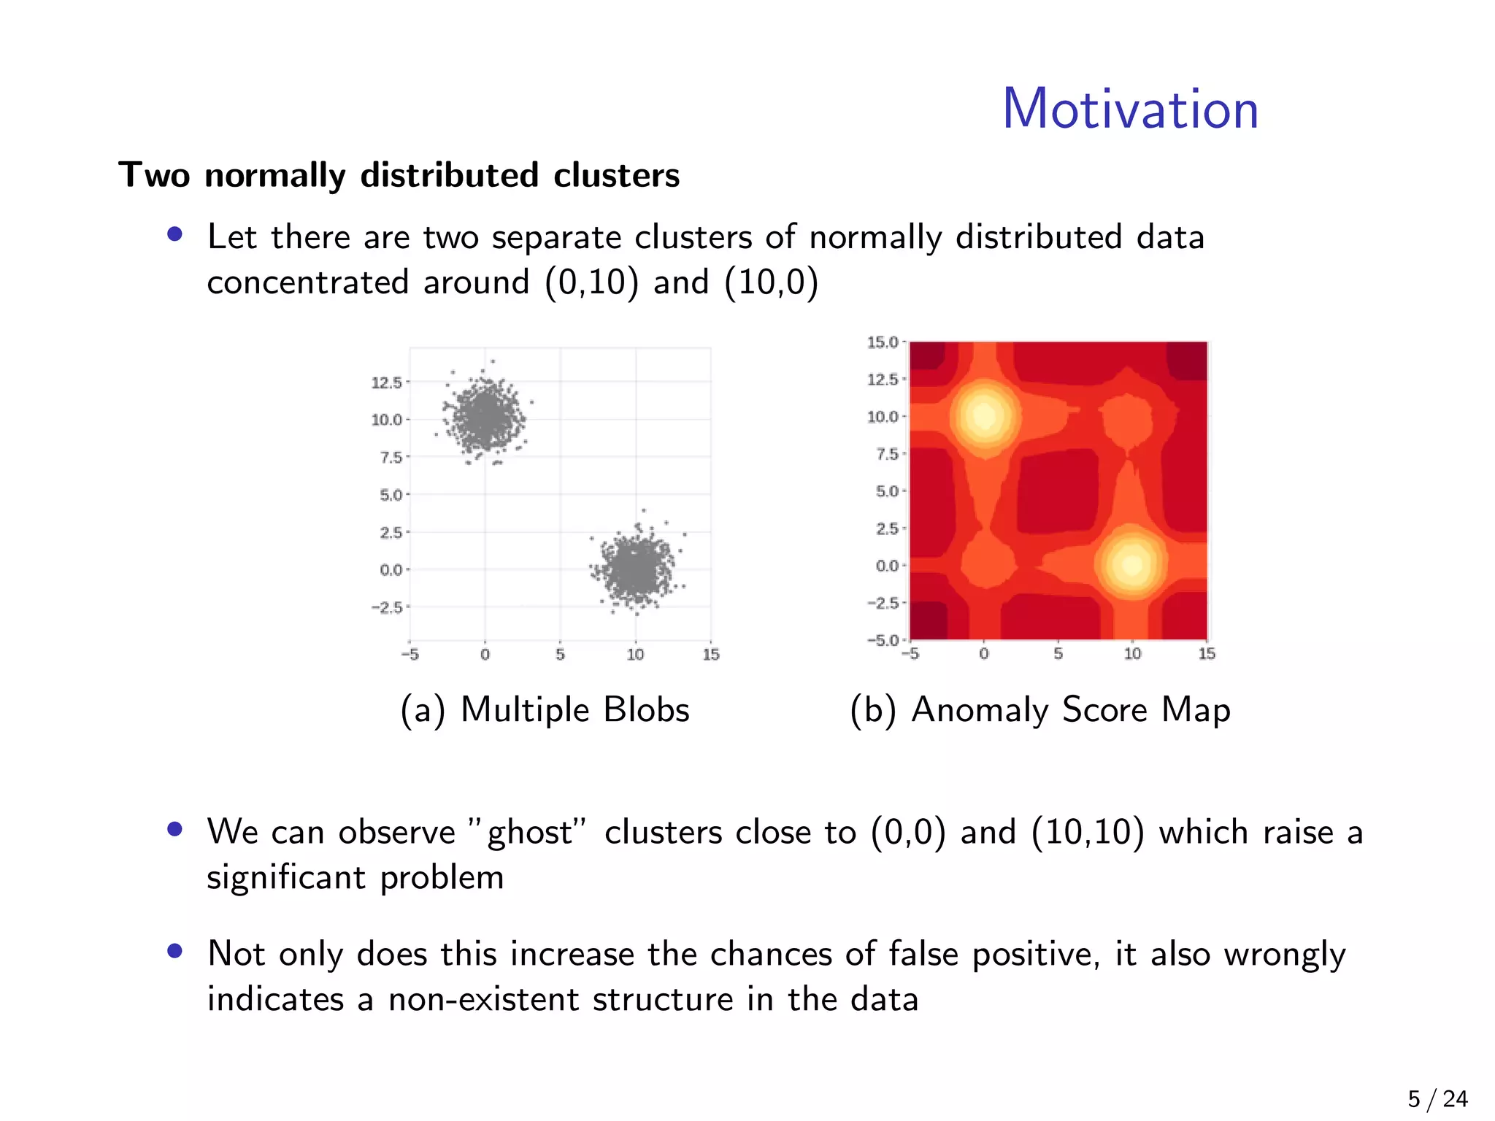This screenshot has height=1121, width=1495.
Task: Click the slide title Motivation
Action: point(1130,109)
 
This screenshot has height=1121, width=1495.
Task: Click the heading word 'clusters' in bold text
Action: point(616,175)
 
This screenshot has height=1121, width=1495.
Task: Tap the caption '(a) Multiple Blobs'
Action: point(545,709)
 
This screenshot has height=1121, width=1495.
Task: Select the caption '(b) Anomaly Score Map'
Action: point(1039,709)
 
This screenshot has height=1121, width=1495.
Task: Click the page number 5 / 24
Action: point(1437,1099)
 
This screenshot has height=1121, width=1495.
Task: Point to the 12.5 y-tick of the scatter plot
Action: point(386,382)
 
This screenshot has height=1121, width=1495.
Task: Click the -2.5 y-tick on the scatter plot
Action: point(386,607)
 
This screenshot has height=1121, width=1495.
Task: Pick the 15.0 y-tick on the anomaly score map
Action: point(882,342)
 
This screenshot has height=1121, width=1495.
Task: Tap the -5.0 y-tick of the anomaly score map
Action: point(882,640)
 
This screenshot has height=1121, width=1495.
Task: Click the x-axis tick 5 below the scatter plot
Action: point(560,655)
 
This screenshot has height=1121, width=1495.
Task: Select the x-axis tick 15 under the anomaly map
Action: point(1207,654)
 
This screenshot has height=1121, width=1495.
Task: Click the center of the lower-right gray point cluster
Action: point(635,569)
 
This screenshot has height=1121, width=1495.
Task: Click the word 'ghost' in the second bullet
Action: point(529,833)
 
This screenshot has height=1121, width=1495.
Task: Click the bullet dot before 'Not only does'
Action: point(174,951)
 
